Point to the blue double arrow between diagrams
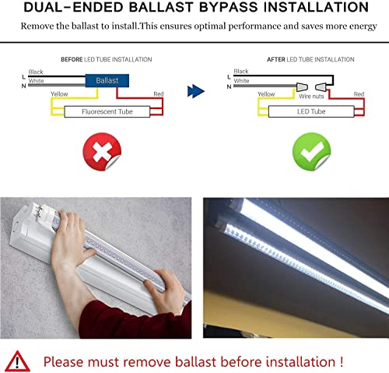point(195,91)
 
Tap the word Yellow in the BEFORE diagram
point(59,94)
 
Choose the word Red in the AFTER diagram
point(359,94)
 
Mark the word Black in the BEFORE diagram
point(37,72)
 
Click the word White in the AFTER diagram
point(242,81)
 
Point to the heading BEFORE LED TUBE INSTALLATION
point(107,59)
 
